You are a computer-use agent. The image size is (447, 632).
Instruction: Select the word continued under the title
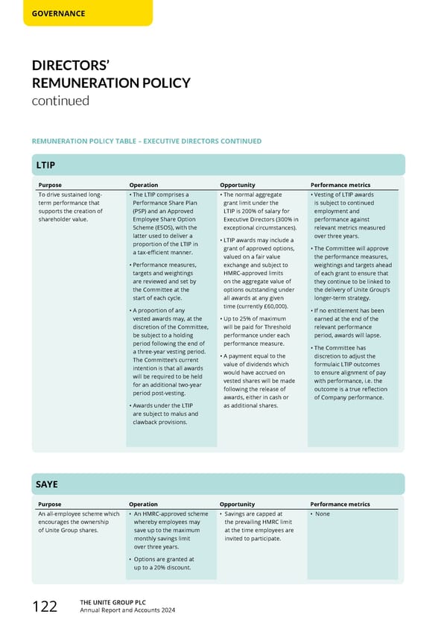click(x=60, y=101)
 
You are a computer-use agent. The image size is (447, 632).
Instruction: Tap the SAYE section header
click(x=48, y=484)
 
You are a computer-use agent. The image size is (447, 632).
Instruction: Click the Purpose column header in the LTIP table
click(x=50, y=185)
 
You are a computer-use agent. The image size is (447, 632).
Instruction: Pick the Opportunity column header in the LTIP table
click(x=238, y=185)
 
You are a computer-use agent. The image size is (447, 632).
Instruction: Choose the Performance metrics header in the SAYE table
click(x=339, y=505)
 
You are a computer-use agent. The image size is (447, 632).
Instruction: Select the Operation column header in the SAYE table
click(x=144, y=505)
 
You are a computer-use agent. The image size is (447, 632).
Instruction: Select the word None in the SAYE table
click(x=322, y=514)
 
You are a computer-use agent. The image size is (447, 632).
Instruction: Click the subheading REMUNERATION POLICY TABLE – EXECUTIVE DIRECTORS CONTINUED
click(x=146, y=141)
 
